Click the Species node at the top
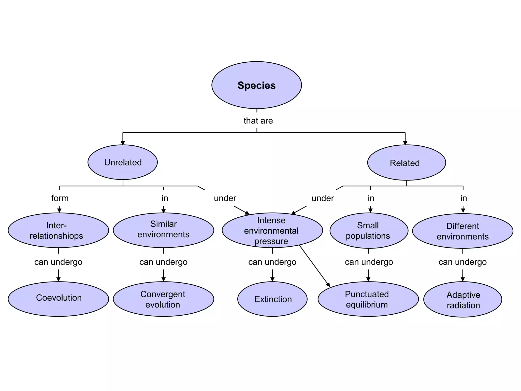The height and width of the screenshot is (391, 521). point(256,85)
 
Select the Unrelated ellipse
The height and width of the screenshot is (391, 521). point(123,162)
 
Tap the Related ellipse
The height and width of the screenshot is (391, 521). point(406,163)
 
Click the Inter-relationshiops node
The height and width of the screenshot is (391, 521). point(58,230)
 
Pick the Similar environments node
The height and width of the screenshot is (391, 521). point(163,230)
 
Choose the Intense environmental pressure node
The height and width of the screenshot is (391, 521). point(272,230)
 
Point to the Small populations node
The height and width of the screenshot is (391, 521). point(369,231)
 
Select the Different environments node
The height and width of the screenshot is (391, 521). point(462,231)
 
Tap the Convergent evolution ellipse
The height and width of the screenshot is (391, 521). point(163,299)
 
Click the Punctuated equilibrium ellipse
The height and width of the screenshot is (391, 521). point(368,299)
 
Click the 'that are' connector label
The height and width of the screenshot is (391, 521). point(258,121)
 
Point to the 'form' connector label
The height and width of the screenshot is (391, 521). point(60,198)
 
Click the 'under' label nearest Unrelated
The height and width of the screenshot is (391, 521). point(225,198)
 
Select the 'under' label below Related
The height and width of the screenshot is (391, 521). point(323,198)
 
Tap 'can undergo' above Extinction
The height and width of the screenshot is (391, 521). point(272,262)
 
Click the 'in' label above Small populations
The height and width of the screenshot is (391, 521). point(371,198)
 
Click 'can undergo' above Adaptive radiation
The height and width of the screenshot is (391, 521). point(462,262)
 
